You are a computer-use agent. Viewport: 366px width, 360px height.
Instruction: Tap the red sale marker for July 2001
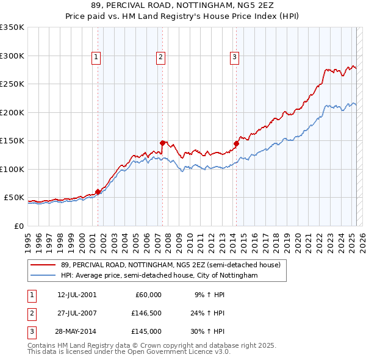click(98, 192)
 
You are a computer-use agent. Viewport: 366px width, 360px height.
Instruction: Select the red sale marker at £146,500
click(163, 143)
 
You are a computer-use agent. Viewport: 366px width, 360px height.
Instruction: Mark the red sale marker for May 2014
click(236, 144)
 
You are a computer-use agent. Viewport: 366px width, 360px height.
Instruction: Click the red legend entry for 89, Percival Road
click(170, 265)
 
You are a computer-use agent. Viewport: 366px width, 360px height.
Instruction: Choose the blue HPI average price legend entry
click(159, 276)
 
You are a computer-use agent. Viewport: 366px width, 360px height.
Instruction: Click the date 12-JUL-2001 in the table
click(77, 294)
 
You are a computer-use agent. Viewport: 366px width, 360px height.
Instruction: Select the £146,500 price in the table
click(146, 313)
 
